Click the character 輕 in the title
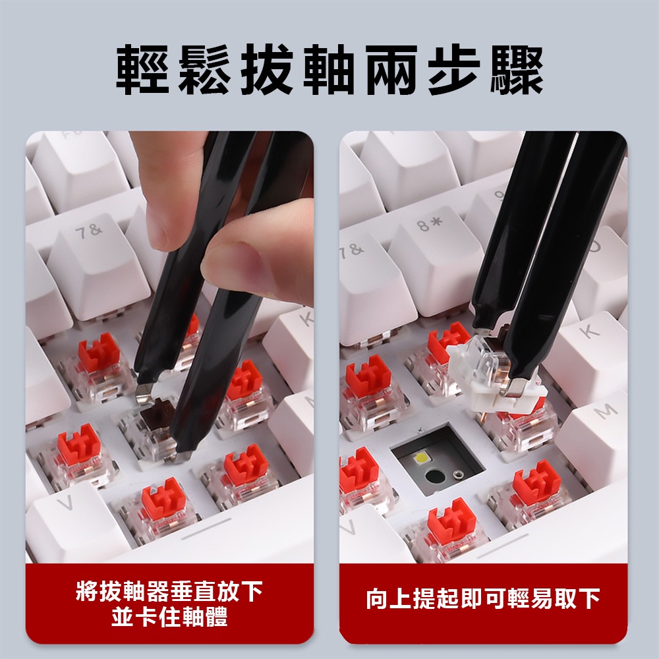(x=143, y=69)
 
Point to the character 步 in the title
(x=455, y=69)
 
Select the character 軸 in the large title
(x=330, y=69)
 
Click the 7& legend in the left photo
(x=89, y=231)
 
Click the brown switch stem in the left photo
(x=156, y=412)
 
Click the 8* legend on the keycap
(x=429, y=224)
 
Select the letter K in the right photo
(x=589, y=331)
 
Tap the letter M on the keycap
(x=605, y=411)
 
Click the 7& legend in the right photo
(x=352, y=251)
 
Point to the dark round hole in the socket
(x=434, y=476)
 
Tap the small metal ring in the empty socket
(x=457, y=475)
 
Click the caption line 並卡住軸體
(x=169, y=617)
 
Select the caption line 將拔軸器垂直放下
(x=169, y=591)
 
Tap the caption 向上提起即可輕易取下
(x=483, y=598)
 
